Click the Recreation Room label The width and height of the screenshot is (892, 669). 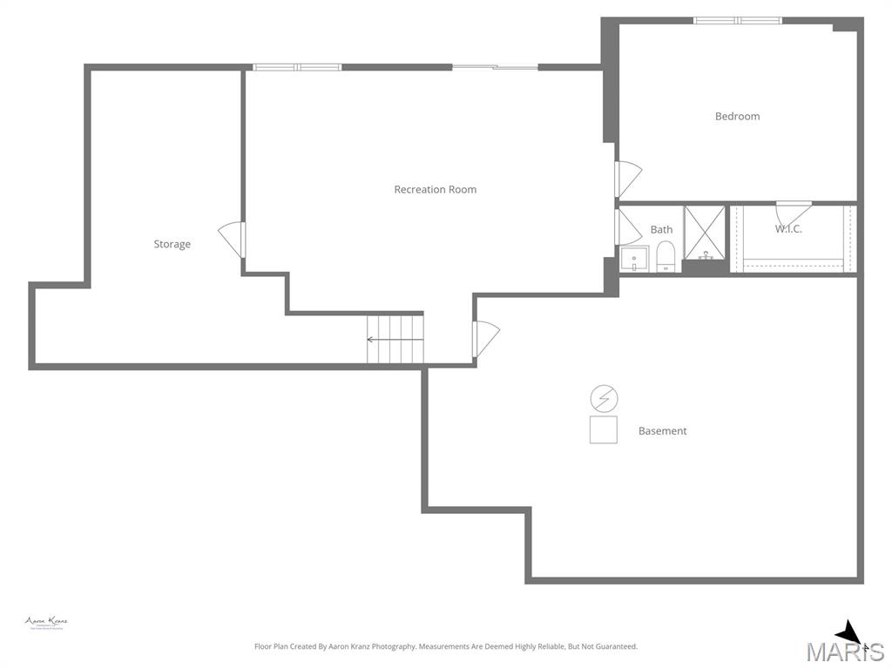(x=435, y=189)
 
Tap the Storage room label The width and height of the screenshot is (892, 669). (x=172, y=244)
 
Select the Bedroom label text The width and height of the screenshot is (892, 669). (x=737, y=116)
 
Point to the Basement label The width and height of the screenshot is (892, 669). (x=662, y=430)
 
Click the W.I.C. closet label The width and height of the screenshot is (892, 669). (x=788, y=229)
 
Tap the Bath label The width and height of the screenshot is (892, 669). (x=661, y=230)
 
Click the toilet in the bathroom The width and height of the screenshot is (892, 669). (x=666, y=256)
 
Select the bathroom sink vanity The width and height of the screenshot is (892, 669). (x=634, y=259)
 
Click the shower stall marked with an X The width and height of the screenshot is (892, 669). (x=704, y=233)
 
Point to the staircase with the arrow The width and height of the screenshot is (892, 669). (x=395, y=339)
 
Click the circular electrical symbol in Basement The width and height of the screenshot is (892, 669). (x=604, y=399)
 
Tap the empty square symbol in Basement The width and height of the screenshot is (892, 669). (x=604, y=429)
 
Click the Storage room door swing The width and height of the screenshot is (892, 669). (x=232, y=239)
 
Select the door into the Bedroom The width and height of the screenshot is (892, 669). (x=628, y=179)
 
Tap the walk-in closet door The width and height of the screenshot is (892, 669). (x=793, y=211)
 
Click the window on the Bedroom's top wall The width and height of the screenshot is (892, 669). (x=737, y=20)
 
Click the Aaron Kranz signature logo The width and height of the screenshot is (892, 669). (x=46, y=622)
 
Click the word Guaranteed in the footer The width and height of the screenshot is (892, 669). (x=615, y=646)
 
